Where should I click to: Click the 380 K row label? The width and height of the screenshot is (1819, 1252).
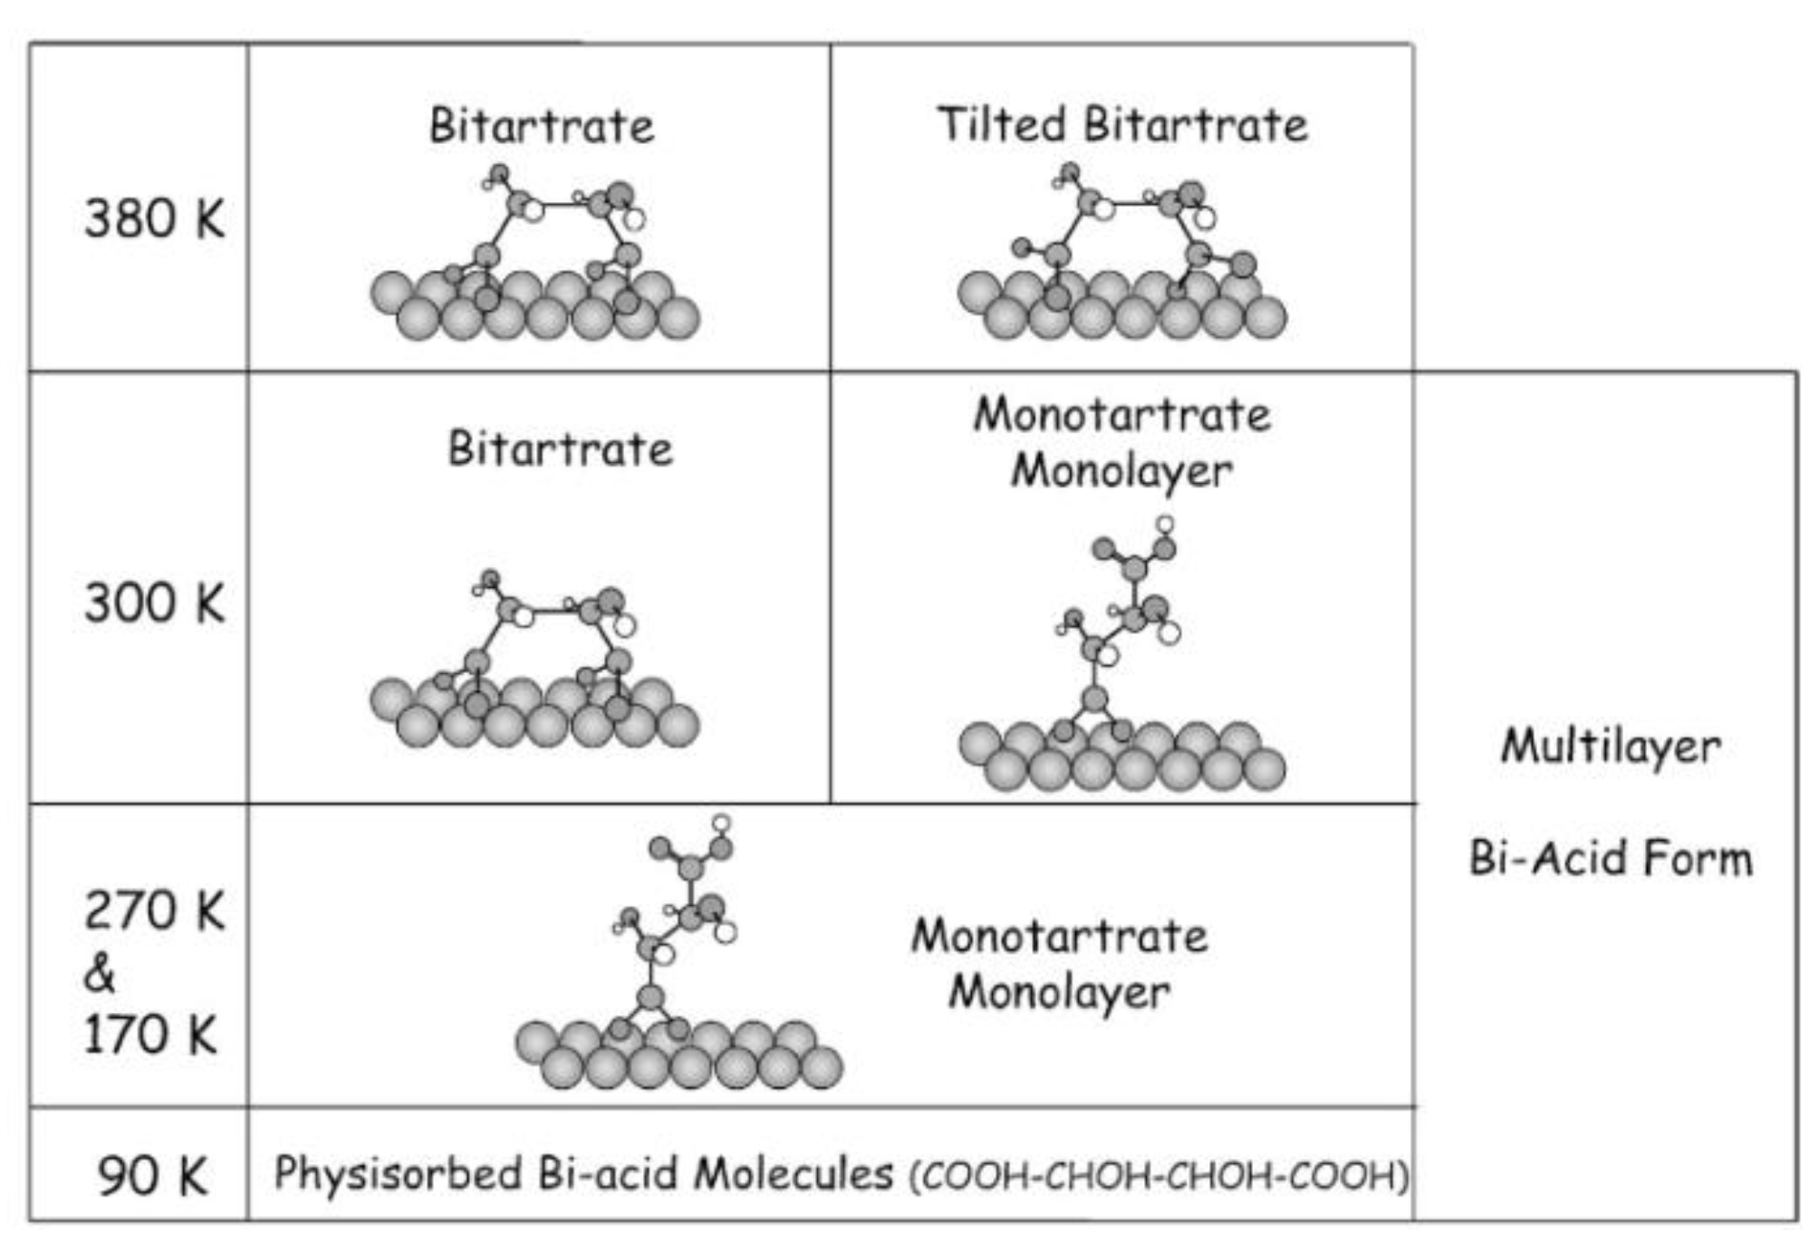coord(154,219)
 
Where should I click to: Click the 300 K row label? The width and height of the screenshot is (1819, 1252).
coord(154,603)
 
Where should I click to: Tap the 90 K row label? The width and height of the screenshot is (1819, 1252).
coord(152,1176)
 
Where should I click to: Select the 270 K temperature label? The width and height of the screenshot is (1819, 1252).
coord(154,910)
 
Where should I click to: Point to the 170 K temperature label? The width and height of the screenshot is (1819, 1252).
coord(150,1035)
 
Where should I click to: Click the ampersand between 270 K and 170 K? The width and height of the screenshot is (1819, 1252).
coord(100,974)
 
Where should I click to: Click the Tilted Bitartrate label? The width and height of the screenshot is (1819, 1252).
coord(1121,125)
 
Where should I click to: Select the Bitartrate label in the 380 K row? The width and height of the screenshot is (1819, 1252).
coord(541,126)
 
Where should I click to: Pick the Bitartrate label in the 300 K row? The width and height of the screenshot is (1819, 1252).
coord(560,448)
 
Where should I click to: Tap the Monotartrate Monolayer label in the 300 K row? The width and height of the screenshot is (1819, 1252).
coord(1121,442)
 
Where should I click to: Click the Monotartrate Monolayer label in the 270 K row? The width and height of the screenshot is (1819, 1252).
coord(1059,963)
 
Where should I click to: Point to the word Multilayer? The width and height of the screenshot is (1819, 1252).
coord(1610,747)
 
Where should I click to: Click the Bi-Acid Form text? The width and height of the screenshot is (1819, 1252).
coord(1610,858)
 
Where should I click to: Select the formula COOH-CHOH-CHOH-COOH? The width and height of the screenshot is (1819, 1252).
coord(1160,1176)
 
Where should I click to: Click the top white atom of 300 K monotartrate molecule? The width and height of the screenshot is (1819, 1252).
coord(1165,525)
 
